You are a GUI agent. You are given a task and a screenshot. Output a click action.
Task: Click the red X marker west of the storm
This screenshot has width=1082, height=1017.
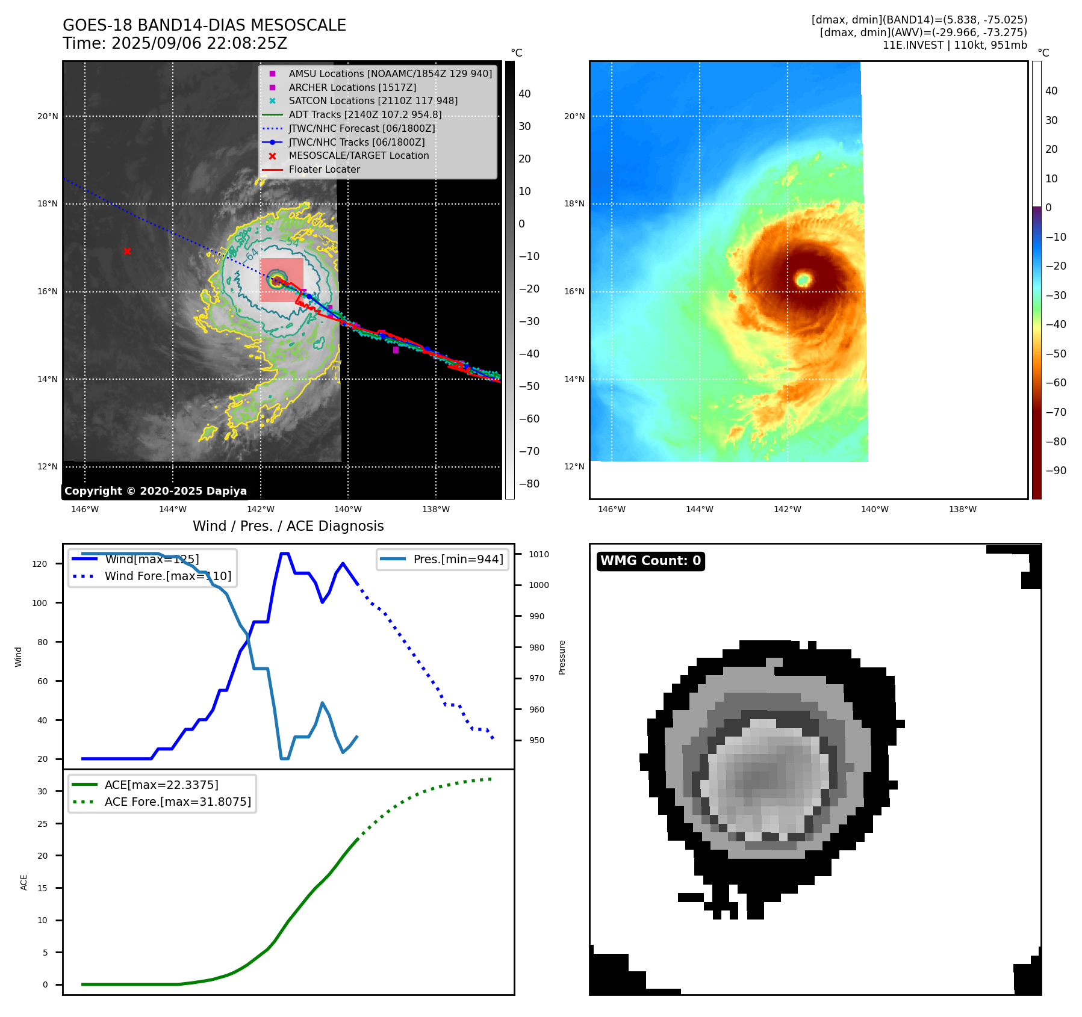coord(127,251)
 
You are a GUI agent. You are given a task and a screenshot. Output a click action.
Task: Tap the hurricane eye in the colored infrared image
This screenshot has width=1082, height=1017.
coord(803,279)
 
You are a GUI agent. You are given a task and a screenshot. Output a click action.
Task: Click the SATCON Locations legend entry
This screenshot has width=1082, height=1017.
coord(373,100)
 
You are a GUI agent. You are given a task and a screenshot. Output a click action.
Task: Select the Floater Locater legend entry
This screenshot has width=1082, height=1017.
coord(324,169)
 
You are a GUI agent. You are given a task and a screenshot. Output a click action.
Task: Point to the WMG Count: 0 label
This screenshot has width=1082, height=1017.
coord(650,561)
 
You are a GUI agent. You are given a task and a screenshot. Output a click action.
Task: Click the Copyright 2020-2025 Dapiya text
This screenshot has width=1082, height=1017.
coord(155,491)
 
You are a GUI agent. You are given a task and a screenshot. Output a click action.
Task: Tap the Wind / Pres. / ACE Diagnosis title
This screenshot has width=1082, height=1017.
coord(288,526)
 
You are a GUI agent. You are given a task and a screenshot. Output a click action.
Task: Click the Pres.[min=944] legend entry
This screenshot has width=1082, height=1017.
coord(458,559)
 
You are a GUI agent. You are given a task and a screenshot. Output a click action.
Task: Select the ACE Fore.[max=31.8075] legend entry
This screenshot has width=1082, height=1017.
coord(178,802)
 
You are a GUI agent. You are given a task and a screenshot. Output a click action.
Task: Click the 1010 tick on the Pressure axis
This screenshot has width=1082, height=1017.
coord(539,554)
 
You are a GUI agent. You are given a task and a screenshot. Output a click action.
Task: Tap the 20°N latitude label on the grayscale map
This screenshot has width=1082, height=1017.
coord(48,116)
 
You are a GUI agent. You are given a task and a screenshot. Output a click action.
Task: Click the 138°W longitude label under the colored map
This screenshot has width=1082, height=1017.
coord(962,509)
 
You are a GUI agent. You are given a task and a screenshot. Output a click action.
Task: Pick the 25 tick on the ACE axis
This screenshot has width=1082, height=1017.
coord(43,824)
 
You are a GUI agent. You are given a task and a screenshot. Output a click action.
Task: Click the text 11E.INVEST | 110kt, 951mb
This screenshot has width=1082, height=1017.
coord(954,45)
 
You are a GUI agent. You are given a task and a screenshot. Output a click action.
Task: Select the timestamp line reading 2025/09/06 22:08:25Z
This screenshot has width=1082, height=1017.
coord(175,43)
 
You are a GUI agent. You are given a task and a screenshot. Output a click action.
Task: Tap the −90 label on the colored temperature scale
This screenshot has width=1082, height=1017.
coord(1056,471)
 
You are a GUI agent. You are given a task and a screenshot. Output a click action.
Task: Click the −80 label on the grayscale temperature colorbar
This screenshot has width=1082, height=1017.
coord(529,484)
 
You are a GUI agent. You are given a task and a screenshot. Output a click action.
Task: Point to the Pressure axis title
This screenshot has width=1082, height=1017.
coord(562,657)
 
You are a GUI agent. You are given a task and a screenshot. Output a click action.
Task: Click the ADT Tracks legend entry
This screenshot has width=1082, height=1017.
coord(365,114)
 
